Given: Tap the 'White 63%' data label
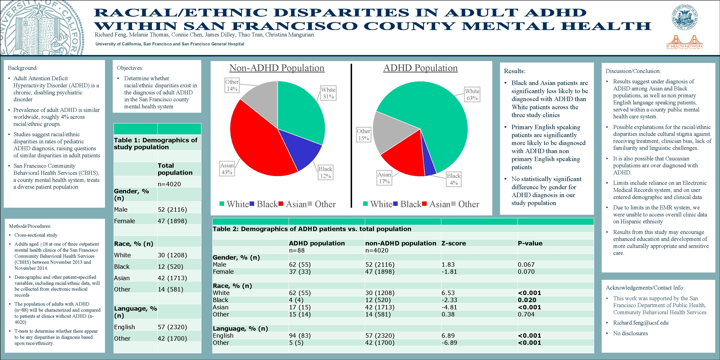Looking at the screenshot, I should (x=472, y=94).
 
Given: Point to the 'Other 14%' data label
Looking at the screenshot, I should (x=232, y=85).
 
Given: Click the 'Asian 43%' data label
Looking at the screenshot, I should (x=227, y=169).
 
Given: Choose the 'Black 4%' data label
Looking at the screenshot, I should (x=453, y=179).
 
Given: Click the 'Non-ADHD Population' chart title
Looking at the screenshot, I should (x=277, y=68).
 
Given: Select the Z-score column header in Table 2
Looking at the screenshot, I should (x=454, y=243).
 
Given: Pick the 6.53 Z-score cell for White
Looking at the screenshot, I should (x=449, y=293).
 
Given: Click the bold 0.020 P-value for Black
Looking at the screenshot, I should (x=527, y=300).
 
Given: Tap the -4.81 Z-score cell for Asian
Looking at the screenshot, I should (x=449, y=307).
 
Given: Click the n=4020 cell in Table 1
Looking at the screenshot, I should (x=169, y=184).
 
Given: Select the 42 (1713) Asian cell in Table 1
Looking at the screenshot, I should (x=172, y=278).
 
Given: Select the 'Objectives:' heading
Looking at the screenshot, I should (x=130, y=68).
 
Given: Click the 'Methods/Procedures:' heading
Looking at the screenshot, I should (x=30, y=226).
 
